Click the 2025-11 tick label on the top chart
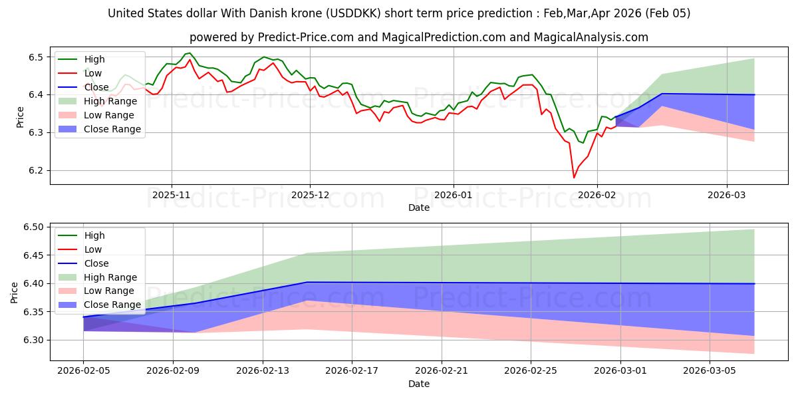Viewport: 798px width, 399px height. point(172,196)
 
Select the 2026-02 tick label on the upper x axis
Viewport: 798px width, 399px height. point(597,196)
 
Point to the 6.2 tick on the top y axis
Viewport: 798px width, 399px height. point(36,171)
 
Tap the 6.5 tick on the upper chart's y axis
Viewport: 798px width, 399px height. point(36,57)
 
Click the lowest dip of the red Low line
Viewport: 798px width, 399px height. point(574,178)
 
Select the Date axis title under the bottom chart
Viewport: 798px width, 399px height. point(419,384)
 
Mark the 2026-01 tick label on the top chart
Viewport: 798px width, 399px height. point(453,196)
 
